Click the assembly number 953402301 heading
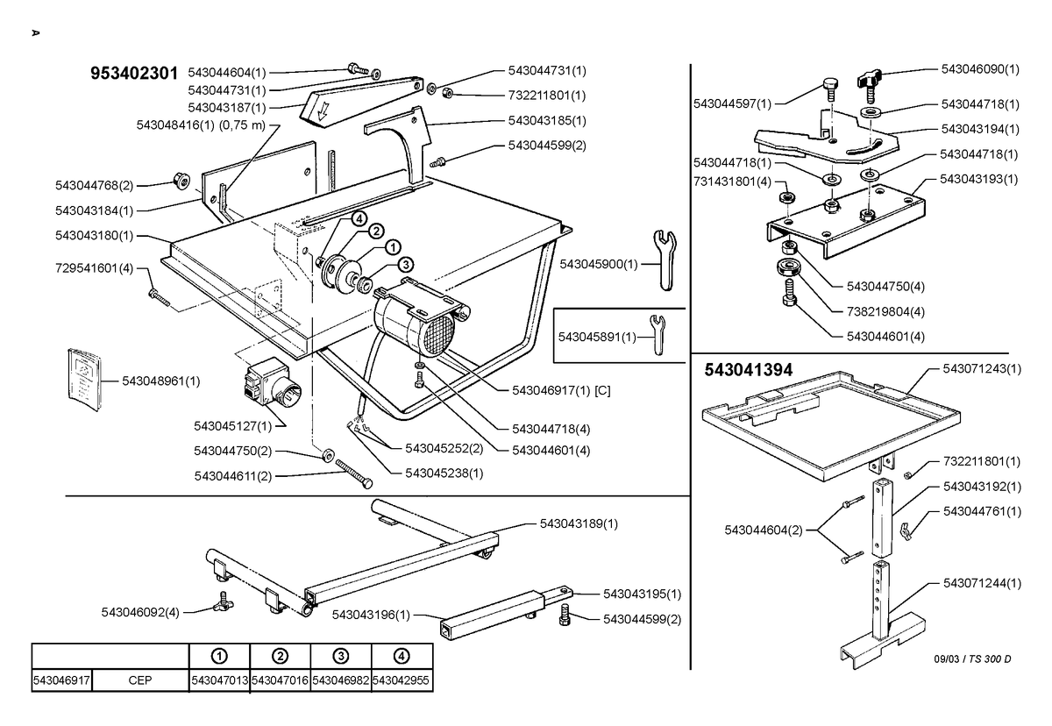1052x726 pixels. click(134, 74)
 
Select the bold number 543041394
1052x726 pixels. click(749, 370)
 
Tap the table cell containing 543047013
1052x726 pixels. click(219, 680)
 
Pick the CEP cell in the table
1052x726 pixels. click(140, 680)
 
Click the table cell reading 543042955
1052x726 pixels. click(402, 680)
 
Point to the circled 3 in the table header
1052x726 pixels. click(340, 656)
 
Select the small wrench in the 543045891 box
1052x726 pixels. click(657, 334)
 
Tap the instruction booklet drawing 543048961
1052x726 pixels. click(84, 380)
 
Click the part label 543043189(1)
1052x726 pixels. click(579, 523)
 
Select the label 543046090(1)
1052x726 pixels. click(980, 69)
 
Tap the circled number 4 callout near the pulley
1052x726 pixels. click(359, 219)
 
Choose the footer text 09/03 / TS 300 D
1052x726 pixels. click(972, 658)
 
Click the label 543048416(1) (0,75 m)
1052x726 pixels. click(201, 125)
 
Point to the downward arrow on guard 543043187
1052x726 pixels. click(323, 111)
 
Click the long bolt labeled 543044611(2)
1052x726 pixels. click(354, 473)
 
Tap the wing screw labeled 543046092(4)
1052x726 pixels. click(224, 602)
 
